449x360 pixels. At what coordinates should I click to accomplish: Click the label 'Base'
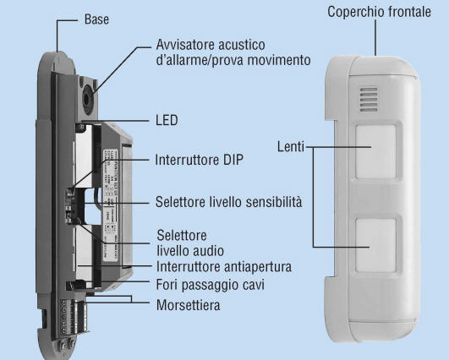tap(96, 19)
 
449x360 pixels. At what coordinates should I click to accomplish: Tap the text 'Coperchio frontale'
tap(379, 12)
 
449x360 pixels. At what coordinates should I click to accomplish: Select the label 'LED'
tap(167, 120)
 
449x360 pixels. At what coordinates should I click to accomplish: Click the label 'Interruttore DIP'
tap(199, 160)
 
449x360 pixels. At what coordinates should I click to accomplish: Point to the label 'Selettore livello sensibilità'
tap(228, 202)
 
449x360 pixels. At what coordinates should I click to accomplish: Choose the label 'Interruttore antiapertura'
tap(223, 267)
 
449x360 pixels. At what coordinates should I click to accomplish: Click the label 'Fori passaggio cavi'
tap(211, 285)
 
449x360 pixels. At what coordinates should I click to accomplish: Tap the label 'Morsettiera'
tap(188, 305)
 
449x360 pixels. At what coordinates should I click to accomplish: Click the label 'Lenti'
tap(291, 147)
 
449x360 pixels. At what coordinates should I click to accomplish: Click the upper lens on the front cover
tap(376, 151)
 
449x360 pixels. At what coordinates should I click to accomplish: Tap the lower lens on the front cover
tap(376, 245)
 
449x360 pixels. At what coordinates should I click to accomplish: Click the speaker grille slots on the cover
tap(369, 100)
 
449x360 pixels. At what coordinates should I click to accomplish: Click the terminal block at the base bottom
tap(73, 316)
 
